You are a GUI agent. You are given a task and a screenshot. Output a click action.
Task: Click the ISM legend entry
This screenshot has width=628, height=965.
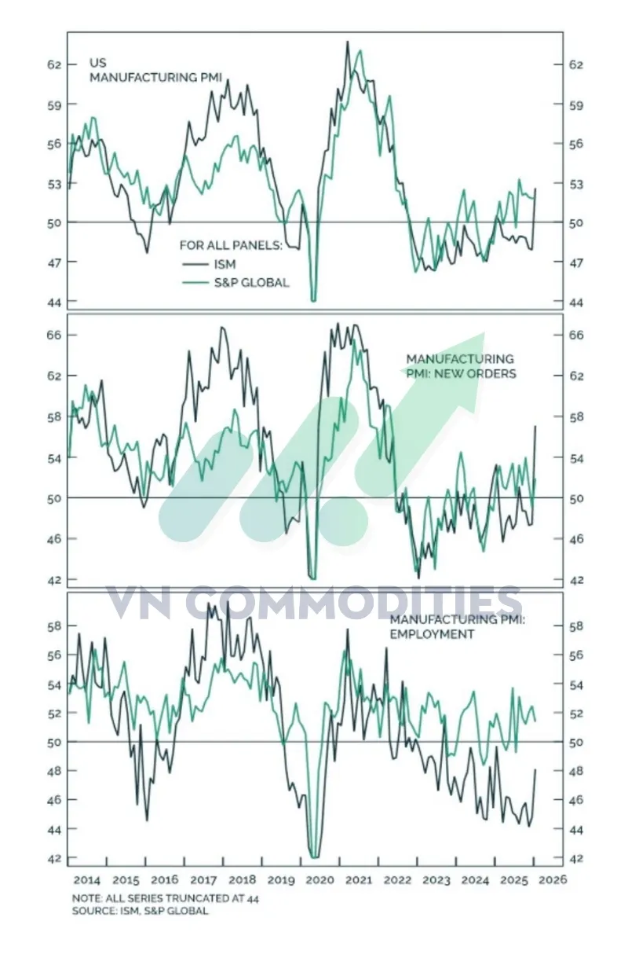pos(209,264)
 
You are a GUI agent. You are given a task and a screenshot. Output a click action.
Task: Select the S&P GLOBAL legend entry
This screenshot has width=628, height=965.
pos(235,283)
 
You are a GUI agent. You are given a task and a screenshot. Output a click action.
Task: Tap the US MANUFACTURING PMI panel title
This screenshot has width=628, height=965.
pos(155,70)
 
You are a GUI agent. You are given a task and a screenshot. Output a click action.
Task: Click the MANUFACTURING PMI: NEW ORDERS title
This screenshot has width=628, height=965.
pos(461,365)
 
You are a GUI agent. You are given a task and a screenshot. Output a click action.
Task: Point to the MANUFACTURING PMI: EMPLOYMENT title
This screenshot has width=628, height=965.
pos(457,627)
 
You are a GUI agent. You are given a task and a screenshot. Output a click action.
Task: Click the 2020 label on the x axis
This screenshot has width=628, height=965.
pos(319,879)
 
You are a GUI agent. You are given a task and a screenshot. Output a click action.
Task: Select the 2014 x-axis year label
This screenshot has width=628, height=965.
pos(86,879)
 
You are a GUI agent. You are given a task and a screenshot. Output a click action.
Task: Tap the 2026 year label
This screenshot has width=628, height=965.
pos(553,879)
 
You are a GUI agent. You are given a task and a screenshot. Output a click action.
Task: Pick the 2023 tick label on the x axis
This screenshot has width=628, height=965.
pos(436,879)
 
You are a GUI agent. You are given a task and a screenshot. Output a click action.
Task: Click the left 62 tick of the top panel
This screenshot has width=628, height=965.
pos(54,65)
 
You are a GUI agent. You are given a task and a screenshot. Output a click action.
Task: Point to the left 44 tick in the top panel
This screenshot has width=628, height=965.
pos(54,303)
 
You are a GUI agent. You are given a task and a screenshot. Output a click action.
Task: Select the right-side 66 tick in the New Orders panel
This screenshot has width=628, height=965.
pos(576,336)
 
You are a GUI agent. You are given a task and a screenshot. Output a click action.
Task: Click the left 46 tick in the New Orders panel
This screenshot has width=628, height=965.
pos(54,539)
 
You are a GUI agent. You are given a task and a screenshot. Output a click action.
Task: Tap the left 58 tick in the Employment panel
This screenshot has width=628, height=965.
pos(54,626)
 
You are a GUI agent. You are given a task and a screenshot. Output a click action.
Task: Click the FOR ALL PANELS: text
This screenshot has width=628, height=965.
pos(231,245)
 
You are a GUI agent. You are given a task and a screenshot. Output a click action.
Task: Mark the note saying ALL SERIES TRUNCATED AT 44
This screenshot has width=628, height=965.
pos(166,898)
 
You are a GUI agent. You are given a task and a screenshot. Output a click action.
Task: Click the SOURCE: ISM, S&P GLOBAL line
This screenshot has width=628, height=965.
pos(140,911)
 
